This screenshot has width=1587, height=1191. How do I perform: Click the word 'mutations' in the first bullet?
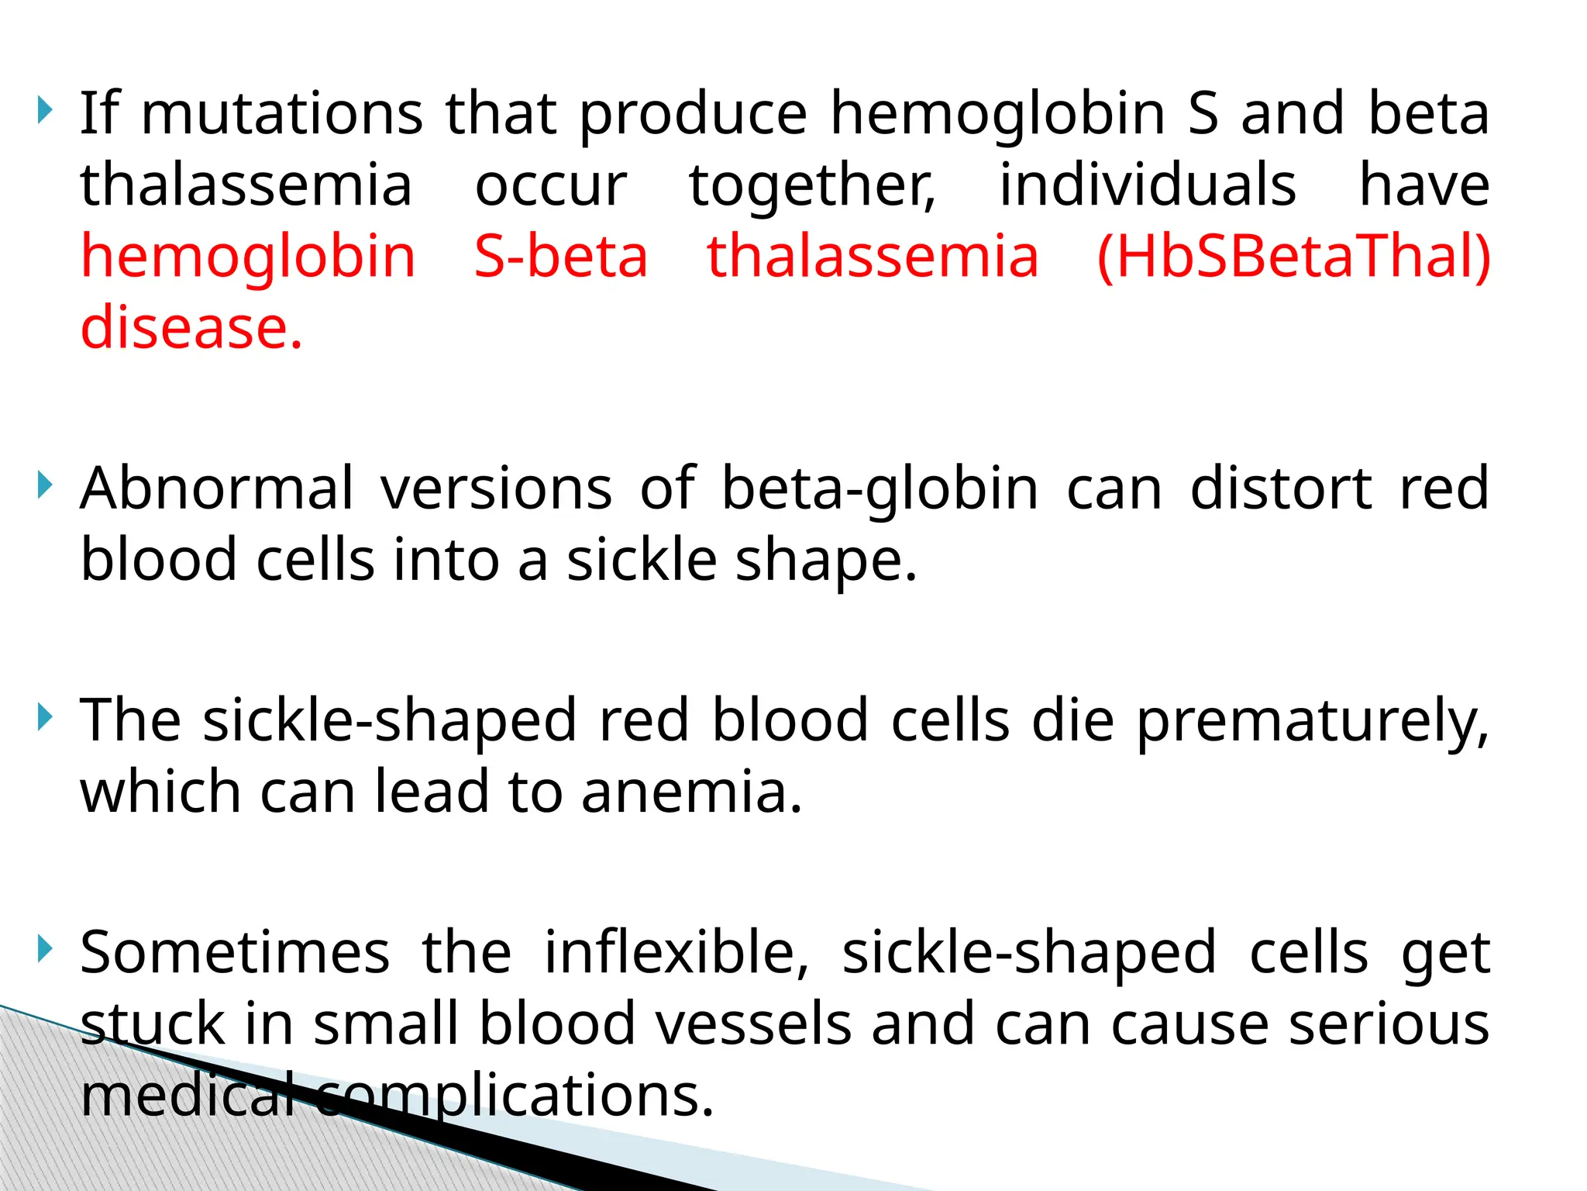point(282,114)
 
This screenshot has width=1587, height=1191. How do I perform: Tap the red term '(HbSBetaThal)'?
point(1293,257)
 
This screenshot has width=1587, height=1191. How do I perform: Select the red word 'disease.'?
point(191,328)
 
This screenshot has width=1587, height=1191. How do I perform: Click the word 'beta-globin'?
point(880,490)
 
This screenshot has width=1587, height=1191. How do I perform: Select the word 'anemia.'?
point(691,792)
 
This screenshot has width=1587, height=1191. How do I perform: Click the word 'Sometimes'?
point(235,953)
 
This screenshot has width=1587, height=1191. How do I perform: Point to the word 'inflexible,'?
point(676,953)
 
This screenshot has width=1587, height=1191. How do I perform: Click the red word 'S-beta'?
point(561,257)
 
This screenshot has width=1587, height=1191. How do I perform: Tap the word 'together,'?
point(813,186)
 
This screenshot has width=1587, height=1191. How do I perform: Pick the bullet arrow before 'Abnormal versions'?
point(45,486)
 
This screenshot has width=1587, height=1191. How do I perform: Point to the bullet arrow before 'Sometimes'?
point(45,949)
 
